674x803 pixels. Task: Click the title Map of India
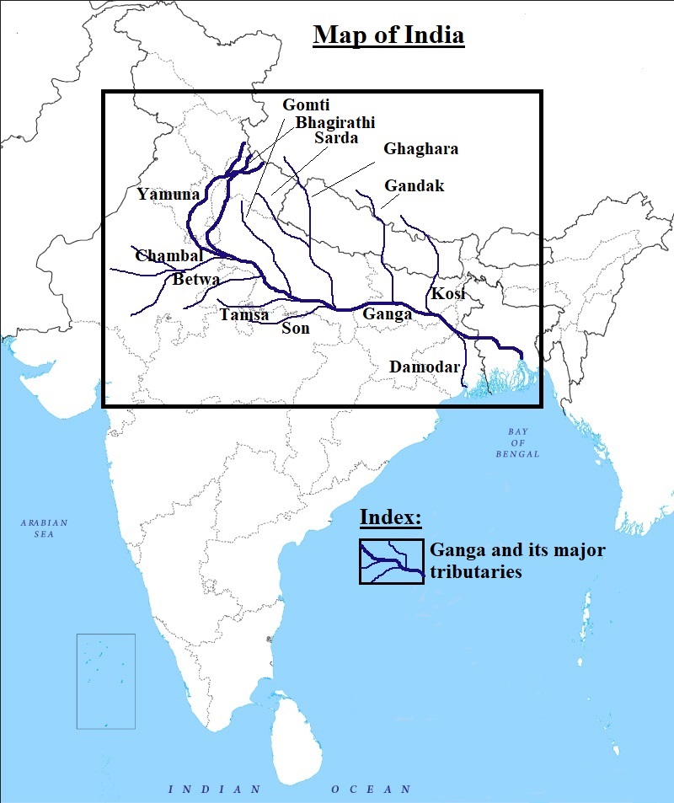pyautogui.click(x=388, y=36)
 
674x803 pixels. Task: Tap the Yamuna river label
pyautogui.click(x=168, y=195)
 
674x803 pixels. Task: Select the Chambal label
pyautogui.click(x=168, y=255)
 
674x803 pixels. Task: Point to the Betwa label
pyautogui.click(x=196, y=280)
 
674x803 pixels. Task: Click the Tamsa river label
pyautogui.click(x=244, y=315)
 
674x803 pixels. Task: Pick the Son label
pyautogui.click(x=296, y=328)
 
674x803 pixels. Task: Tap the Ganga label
pyautogui.click(x=387, y=313)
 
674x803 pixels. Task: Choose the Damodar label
pyautogui.click(x=425, y=367)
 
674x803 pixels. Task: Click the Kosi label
pyautogui.click(x=448, y=294)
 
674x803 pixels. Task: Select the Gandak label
pyautogui.click(x=414, y=185)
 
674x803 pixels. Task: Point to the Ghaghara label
pyautogui.click(x=420, y=149)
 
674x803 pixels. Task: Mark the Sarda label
pyautogui.click(x=336, y=138)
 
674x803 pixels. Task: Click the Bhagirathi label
pyautogui.click(x=334, y=122)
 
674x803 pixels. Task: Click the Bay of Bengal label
pyautogui.click(x=517, y=442)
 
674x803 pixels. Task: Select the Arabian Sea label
pyautogui.click(x=45, y=528)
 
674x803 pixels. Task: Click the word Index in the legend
pyautogui.click(x=390, y=517)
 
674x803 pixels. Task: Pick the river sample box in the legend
pyautogui.click(x=391, y=561)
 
